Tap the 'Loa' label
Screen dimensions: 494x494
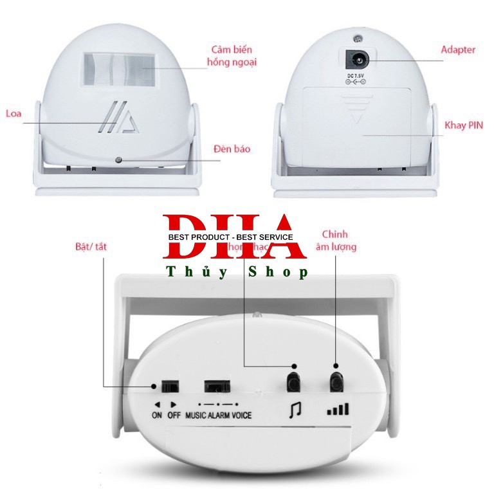tap(14, 114)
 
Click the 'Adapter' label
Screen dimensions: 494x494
tap(458, 50)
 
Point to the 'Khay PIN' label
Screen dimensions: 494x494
tap(463, 125)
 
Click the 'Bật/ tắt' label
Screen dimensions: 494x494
tap(89, 246)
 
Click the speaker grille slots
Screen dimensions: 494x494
tap(120, 118)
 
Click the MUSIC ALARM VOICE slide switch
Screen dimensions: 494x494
tap(217, 387)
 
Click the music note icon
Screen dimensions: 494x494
tap(293, 408)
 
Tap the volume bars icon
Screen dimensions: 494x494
tap(338, 408)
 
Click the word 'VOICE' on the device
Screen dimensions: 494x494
tap(242, 416)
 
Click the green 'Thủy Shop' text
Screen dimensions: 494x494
tap(237, 273)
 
